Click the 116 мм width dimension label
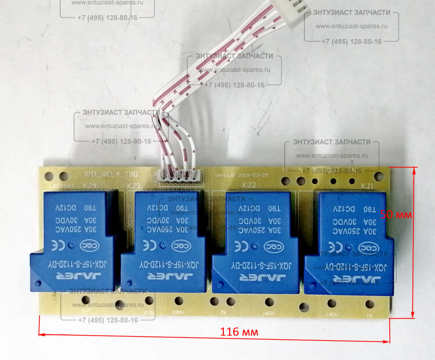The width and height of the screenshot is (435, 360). tap(239, 332)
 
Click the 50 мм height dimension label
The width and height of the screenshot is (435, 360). tap(396, 214)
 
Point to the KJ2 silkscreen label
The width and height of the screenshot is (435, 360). tap(248, 186)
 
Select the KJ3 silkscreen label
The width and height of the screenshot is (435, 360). tap(133, 186)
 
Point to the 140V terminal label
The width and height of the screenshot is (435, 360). tap(268, 314)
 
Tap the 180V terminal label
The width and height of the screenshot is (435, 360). tap(332, 314)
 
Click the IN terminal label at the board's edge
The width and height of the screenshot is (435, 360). tap(368, 315)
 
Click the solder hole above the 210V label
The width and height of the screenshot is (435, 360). tap(150, 301)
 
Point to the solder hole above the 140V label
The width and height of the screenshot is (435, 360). tap(269, 302)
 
